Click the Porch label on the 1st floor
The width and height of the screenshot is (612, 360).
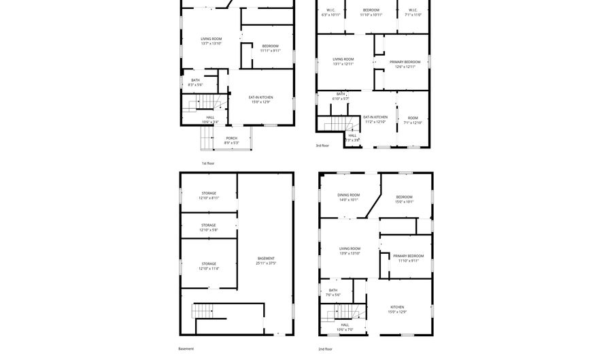[x=232, y=140]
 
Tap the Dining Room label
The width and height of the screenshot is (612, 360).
[x=349, y=197]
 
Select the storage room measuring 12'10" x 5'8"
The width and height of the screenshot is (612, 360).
[x=209, y=227]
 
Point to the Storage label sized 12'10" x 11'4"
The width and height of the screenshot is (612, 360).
[x=209, y=266]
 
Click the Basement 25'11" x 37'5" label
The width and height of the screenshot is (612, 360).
[x=266, y=261]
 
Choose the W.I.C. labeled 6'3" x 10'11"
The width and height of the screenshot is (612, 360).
[x=330, y=12]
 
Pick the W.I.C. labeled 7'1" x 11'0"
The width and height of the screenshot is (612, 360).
[x=413, y=12]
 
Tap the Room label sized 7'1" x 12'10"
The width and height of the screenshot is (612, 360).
[x=413, y=120]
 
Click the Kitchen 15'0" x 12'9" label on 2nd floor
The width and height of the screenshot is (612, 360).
[x=397, y=309]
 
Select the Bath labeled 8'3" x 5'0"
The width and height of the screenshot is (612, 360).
[x=195, y=82]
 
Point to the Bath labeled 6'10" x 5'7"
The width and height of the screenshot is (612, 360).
[x=341, y=96]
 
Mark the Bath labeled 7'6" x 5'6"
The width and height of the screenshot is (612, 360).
[x=333, y=292]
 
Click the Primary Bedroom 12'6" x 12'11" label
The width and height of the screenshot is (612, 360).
[x=405, y=64]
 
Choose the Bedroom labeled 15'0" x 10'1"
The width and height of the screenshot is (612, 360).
[x=405, y=199]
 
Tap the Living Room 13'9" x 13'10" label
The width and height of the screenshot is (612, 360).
[x=350, y=250]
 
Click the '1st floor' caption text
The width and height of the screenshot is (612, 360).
[x=208, y=163]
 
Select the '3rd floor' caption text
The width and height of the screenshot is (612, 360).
[x=322, y=145]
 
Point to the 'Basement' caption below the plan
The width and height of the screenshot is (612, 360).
[x=186, y=348]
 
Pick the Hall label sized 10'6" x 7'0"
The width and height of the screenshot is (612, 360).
[x=345, y=327]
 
